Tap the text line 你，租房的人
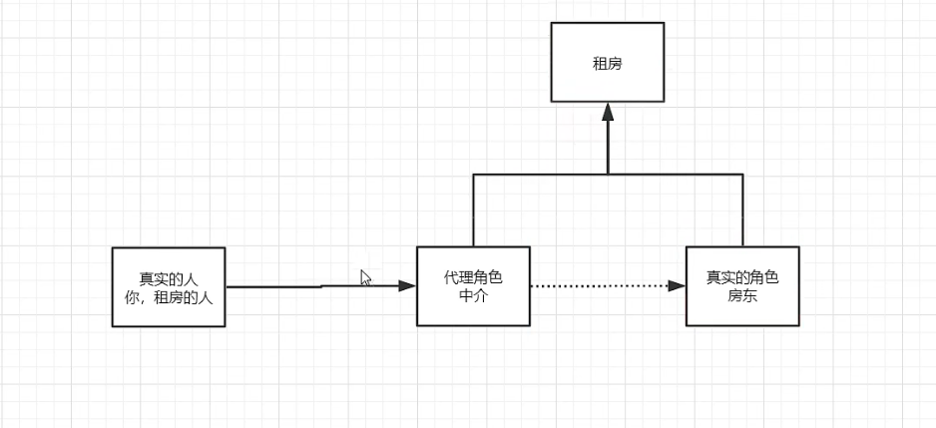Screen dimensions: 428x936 point(170,295)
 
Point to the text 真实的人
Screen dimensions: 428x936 point(170,278)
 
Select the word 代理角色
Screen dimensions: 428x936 point(473,276)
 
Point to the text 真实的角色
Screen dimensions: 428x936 point(742,276)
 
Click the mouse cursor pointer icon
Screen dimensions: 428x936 point(365,278)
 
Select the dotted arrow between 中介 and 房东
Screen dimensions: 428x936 point(599,286)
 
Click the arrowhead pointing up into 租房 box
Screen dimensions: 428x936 point(608,111)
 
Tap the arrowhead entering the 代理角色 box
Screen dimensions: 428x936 point(406,286)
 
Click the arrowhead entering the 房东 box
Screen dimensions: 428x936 point(677,286)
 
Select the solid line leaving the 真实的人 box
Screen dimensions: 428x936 point(279,287)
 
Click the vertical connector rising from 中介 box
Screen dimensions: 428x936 point(473,210)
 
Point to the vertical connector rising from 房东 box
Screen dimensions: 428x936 point(742,210)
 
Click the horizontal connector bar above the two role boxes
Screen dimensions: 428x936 point(679,175)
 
